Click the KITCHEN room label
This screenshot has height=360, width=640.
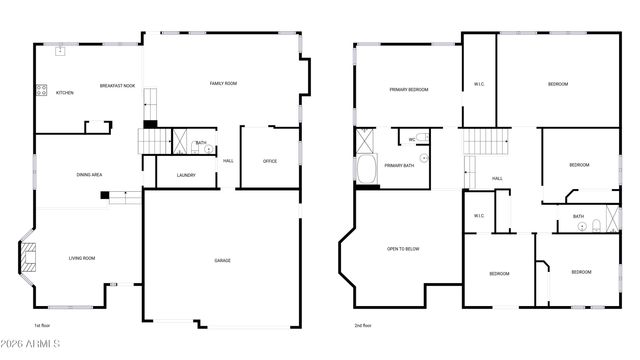pos(64,93)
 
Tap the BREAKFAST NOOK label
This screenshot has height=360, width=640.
pos(117,86)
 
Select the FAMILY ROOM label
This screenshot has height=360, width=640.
pos(223,83)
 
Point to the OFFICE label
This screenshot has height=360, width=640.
pos(270,161)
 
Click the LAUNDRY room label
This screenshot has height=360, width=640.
pos(185,175)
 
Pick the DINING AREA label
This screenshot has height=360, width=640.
pos(90,175)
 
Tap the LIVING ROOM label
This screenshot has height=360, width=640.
pos(82,259)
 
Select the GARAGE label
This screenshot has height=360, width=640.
pos(222,261)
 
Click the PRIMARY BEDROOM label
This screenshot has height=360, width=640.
pos(408,90)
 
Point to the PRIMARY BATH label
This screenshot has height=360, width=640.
pos(399,166)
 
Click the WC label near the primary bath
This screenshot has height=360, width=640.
pos(411,139)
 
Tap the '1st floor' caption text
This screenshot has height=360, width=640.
pos(42,325)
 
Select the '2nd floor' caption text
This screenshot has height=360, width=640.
pos(362,325)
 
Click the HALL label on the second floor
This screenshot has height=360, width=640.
pos(497,179)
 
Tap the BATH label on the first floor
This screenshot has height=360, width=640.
pos(201,142)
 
